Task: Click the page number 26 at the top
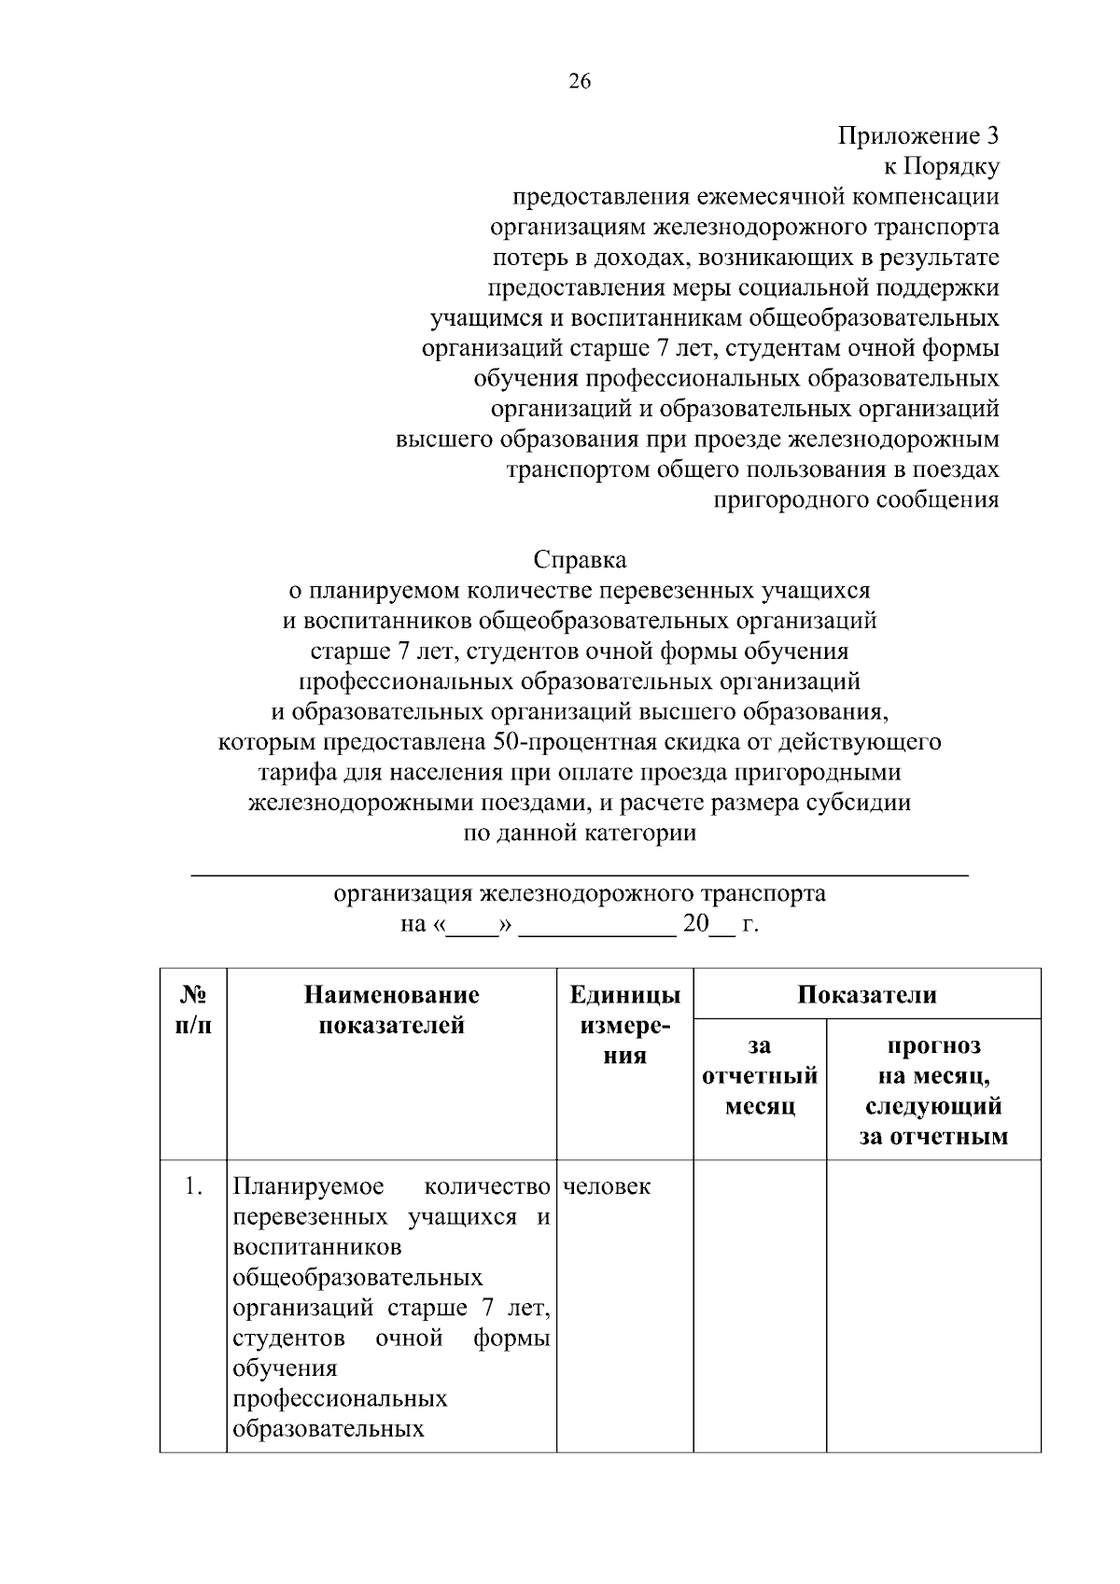pyautogui.click(x=579, y=81)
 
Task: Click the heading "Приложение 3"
pyautogui.click(x=918, y=136)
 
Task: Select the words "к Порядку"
pyautogui.click(x=941, y=167)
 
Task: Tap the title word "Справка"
pyautogui.click(x=580, y=560)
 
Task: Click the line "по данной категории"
pyautogui.click(x=580, y=833)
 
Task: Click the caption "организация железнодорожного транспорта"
pyautogui.click(x=580, y=894)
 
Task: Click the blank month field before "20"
pyautogui.click(x=596, y=925)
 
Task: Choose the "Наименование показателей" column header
pyautogui.click(x=391, y=1010)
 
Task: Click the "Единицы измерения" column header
pyautogui.click(x=624, y=1025)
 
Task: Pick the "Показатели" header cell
pyautogui.click(x=867, y=994)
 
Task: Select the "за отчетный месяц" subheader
pyautogui.click(x=760, y=1076)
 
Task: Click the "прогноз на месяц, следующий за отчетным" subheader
pyautogui.click(x=933, y=1091)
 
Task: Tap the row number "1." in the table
pyautogui.click(x=192, y=1187)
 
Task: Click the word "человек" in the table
pyautogui.click(x=607, y=1187)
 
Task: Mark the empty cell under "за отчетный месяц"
pyautogui.click(x=760, y=1307)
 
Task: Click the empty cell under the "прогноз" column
pyautogui.click(x=933, y=1307)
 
